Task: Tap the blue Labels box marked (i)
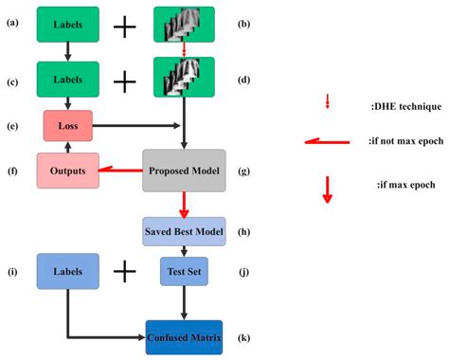tap(69, 273)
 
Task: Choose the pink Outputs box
tap(66, 171)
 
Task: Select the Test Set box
tap(184, 273)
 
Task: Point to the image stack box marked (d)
tap(184, 77)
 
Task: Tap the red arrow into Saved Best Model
tap(184, 203)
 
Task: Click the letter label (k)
tap(242, 337)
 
